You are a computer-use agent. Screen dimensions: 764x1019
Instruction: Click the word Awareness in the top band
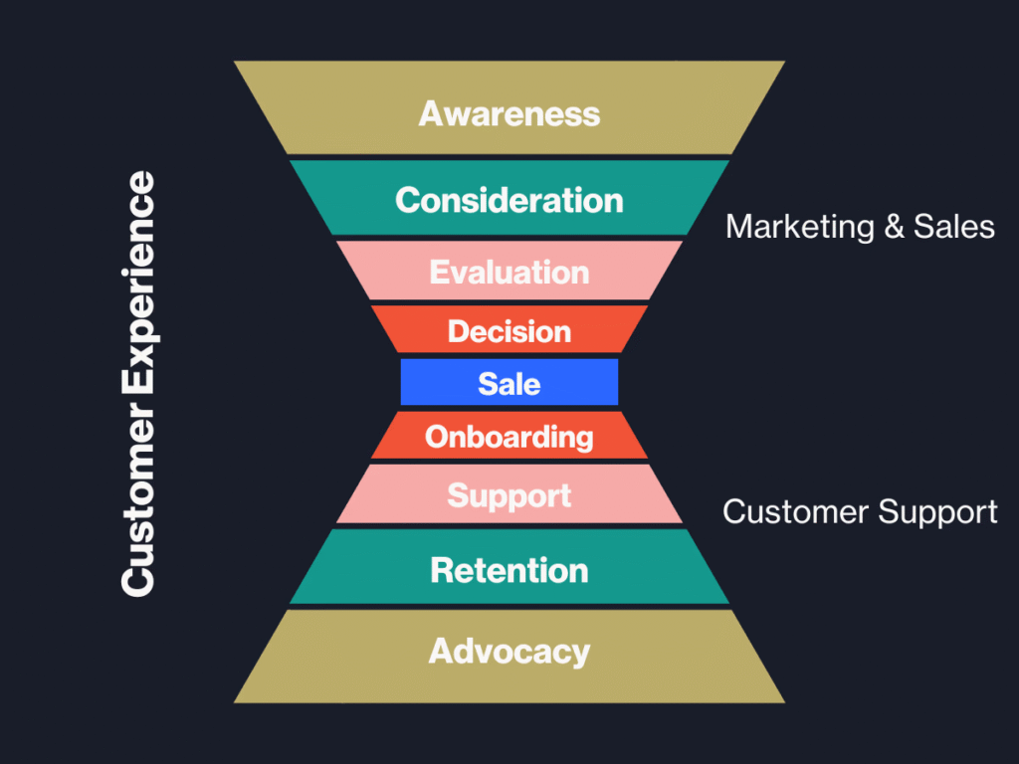(509, 113)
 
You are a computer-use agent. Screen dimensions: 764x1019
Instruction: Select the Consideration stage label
(509, 200)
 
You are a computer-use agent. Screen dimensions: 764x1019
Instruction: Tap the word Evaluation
(509, 272)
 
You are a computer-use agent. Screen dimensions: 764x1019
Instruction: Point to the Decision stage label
(509, 331)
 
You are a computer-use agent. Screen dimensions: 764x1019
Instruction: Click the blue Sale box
(509, 383)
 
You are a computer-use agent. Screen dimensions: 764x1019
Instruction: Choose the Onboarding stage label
(509, 437)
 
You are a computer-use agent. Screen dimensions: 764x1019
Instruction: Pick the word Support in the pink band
(509, 495)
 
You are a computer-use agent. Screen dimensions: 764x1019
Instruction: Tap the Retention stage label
(509, 570)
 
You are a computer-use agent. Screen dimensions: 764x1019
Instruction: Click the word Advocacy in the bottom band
(509, 652)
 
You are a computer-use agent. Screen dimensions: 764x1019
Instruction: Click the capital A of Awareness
(430, 113)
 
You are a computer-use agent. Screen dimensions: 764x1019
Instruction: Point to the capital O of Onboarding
(437, 437)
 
